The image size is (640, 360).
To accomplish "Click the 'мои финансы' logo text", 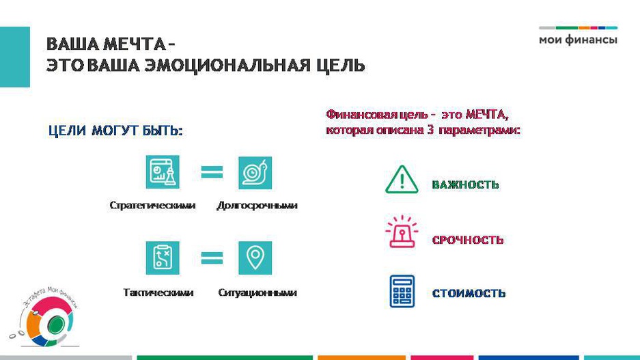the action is [x=578, y=40].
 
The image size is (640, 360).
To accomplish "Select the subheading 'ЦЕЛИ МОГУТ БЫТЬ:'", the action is [x=115, y=130].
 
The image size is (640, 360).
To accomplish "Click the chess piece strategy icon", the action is [x=163, y=172].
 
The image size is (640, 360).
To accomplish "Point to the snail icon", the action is [x=255, y=173].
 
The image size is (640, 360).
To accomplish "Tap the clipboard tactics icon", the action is [x=163, y=258].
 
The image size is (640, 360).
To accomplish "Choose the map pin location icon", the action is [x=255, y=258].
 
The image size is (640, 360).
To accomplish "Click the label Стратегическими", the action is [x=152, y=206].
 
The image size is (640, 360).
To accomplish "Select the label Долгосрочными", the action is [x=257, y=206].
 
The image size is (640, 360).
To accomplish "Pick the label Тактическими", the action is [x=158, y=292].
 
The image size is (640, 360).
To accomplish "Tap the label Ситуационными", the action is [x=257, y=292].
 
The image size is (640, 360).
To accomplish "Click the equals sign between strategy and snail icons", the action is [x=212, y=172].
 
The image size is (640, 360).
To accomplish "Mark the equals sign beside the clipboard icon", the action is [x=212, y=258].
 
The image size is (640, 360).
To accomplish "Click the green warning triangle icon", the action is [x=402, y=180].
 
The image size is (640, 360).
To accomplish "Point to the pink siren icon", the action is [x=402, y=232].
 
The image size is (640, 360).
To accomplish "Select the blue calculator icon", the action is [x=402, y=291].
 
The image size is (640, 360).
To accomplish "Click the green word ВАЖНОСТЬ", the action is [x=465, y=185].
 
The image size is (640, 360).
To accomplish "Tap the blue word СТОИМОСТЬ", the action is [x=469, y=294].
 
